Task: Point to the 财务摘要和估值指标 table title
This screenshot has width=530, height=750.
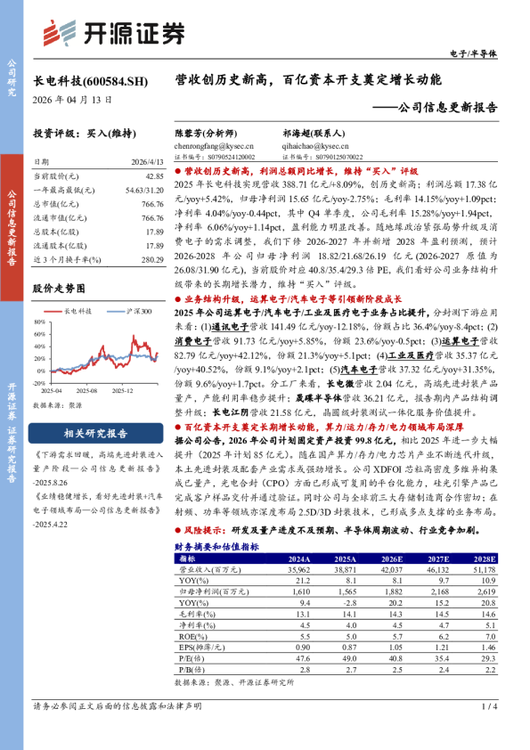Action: (x=216, y=547)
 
